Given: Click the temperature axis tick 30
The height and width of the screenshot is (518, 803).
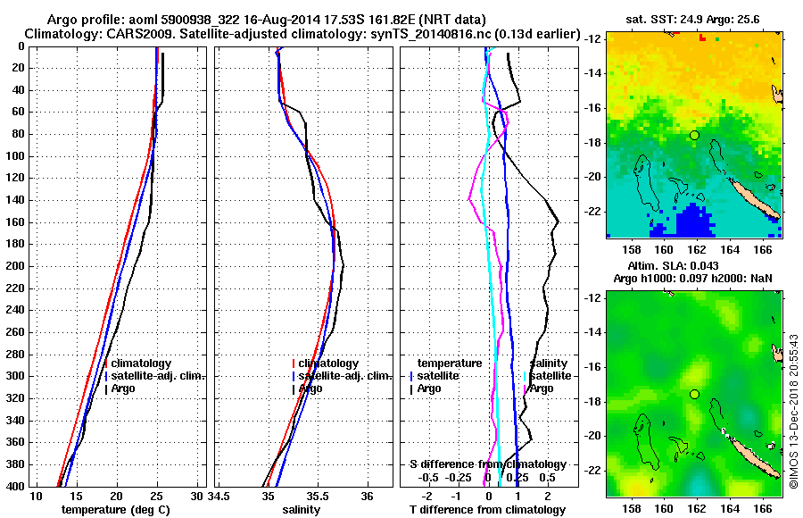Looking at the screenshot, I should (x=196, y=496).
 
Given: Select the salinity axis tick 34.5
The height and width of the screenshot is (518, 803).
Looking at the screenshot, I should (x=219, y=496).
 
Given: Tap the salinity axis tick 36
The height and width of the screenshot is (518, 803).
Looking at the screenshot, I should (x=366, y=496).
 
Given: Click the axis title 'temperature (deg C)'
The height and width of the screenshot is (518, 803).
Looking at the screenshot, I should (x=115, y=510).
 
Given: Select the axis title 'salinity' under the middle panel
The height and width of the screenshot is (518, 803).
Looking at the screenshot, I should (x=301, y=510).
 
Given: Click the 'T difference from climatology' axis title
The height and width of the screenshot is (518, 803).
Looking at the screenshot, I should (x=487, y=510).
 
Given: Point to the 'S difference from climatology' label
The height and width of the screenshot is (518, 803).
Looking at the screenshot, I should (x=487, y=464).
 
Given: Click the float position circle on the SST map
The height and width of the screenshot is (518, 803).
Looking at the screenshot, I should (x=694, y=135).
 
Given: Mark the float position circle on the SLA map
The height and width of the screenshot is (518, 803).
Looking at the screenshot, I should (x=694, y=394).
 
